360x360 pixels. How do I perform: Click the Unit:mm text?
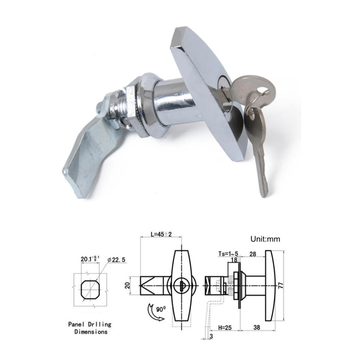tap(265, 239)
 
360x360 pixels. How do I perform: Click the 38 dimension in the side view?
tap(257, 328)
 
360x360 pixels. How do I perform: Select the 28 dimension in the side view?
tap(253, 254)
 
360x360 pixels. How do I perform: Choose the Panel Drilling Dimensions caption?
tap(90, 328)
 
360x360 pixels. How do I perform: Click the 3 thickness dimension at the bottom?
tap(211, 336)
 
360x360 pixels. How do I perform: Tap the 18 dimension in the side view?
tap(233, 260)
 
